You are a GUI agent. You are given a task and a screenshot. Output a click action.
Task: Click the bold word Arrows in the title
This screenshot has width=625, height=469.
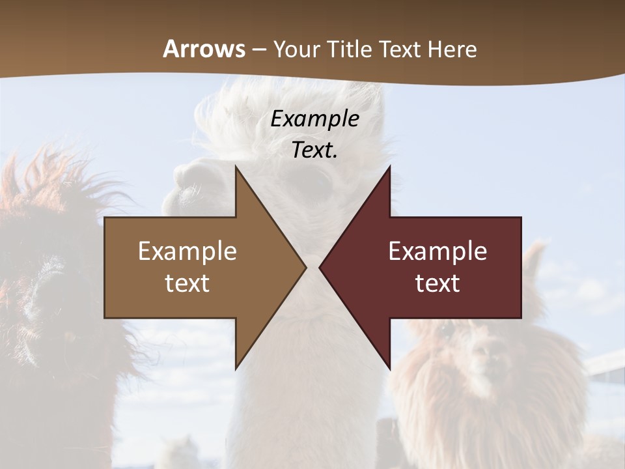pyautogui.click(x=204, y=49)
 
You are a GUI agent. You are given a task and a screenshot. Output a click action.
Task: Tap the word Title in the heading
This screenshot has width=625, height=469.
pyautogui.click(x=350, y=50)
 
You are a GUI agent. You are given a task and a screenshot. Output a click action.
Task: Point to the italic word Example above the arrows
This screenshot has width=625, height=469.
pyautogui.click(x=314, y=119)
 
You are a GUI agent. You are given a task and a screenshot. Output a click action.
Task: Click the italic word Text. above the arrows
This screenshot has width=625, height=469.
pyautogui.click(x=314, y=150)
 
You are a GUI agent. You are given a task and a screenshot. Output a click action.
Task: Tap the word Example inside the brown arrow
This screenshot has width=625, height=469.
pyautogui.click(x=187, y=251)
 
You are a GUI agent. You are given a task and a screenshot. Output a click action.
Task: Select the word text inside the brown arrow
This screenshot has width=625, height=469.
pyautogui.click(x=187, y=283)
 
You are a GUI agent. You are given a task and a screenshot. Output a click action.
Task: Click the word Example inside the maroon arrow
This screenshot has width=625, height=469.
pyautogui.click(x=437, y=251)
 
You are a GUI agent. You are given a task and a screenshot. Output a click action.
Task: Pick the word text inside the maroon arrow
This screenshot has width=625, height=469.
pyautogui.click(x=437, y=283)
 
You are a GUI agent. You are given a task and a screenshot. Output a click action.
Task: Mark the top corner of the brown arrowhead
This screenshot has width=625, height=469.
pyautogui.click(x=236, y=167)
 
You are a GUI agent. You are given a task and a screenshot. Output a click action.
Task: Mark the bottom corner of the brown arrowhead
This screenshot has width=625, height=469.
pyautogui.click(x=236, y=368)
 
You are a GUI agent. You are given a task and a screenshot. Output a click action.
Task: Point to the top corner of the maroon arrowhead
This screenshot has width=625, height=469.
pyautogui.click(x=389, y=167)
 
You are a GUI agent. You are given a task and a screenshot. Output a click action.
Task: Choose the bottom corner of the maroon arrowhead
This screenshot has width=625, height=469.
pyautogui.click(x=389, y=368)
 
